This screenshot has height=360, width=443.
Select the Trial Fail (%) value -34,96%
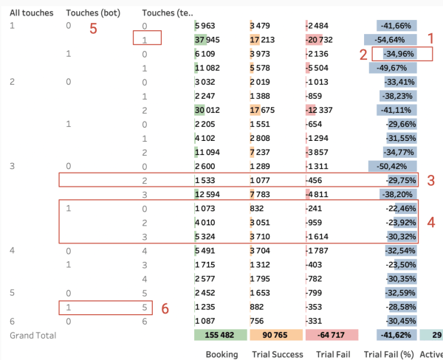click(399, 54)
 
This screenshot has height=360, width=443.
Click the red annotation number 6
click(165, 308)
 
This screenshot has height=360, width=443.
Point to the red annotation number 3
click(432, 179)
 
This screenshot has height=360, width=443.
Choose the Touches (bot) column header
click(89, 13)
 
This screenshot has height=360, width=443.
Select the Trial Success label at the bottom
click(277, 354)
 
